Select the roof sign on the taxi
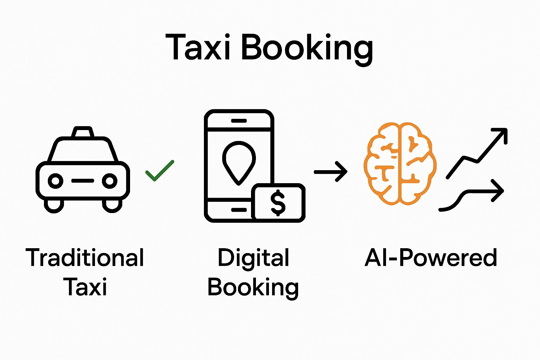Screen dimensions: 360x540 point(83,132)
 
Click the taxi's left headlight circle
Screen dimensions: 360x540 point(56,181)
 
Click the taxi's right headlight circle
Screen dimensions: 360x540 point(110,181)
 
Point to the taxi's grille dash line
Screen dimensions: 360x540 point(83,181)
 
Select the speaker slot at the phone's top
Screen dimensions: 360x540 point(239,121)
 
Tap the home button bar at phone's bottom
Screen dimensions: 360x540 point(239,210)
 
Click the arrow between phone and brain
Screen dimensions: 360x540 point(330,172)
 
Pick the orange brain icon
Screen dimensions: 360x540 point(400,163)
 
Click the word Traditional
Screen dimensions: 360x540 point(85,258)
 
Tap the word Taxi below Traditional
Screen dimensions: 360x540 point(85,287)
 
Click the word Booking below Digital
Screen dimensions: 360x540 point(253,288)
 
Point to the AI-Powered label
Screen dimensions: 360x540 point(431,258)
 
